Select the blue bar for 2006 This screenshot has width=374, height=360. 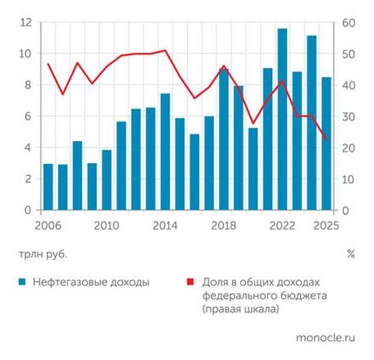tap(48, 187)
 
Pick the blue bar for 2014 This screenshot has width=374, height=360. tap(165, 152)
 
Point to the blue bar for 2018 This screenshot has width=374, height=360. tap(224, 140)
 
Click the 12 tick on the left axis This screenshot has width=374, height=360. tap(25, 23)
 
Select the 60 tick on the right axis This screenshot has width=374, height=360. tap(349, 23)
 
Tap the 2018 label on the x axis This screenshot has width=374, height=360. tap(224, 226)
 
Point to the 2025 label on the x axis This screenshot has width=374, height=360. tap(326, 226)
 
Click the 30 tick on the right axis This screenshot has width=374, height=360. tap(349, 117)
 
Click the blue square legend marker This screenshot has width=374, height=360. tap(22, 281)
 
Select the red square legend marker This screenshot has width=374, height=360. tap(190, 281)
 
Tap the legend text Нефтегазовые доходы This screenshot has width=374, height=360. tap(90, 281)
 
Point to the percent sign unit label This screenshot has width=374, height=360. tap(350, 254)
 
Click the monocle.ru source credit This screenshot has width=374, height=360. tap(325, 338)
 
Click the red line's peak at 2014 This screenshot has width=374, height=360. tap(165, 50)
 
